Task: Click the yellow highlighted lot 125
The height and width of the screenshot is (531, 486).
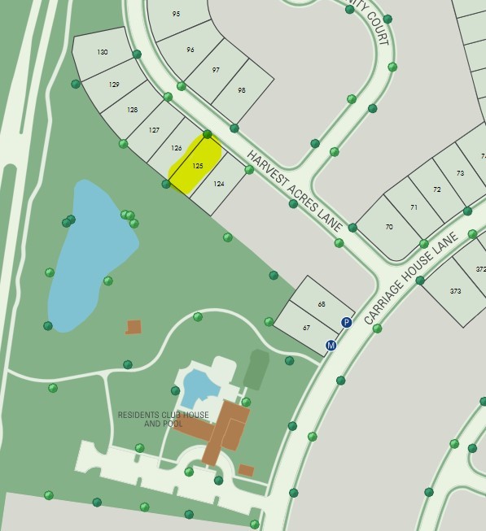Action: [x=196, y=165]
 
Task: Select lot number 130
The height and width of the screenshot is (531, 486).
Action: [x=103, y=52]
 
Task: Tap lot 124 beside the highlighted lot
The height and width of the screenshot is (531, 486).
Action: [x=218, y=185]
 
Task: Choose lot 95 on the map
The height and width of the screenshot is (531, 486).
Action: [x=177, y=15]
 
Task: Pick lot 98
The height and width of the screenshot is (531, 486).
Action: [x=241, y=90]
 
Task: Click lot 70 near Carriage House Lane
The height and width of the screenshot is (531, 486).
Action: [x=388, y=227]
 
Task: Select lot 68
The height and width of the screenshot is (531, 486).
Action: [x=322, y=304]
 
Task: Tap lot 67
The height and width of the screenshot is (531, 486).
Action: [x=306, y=328]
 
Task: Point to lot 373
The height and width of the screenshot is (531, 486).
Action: [x=455, y=291]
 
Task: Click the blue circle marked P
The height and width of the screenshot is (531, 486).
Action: [x=346, y=322]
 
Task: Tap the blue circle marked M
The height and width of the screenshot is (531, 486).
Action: [x=331, y=346]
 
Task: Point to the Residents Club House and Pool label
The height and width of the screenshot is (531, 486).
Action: [x=163, y=419]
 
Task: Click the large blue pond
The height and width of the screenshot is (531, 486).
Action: [x=90, y=253]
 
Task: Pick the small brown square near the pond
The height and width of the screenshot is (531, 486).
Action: [x=134, y=327]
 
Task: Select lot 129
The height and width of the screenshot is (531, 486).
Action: [x=114, y=85]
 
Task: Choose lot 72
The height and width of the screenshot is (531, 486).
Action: [x=437, y=189]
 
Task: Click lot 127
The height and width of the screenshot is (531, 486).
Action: [x=154, y=130]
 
